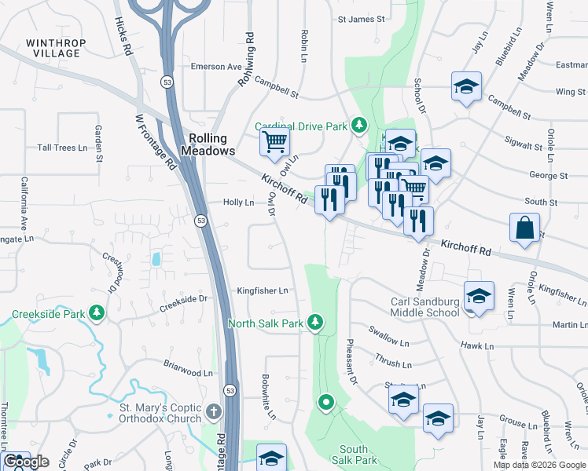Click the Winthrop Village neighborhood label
(x=53, y=48)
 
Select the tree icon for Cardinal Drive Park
(x=358, y=125)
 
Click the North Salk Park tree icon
(x=315, y=322)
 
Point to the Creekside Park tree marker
(x=97, y=314)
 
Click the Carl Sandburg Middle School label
(x=425, y=307)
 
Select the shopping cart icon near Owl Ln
(x=274, y=142)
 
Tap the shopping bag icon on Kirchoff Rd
(x=524, y=228)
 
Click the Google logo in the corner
(x=25, y=462)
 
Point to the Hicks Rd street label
(x=122, y=36)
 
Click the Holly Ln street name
(x=238, y=202)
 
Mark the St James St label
(x=361, y=19)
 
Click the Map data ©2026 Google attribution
(x=539, y=465)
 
